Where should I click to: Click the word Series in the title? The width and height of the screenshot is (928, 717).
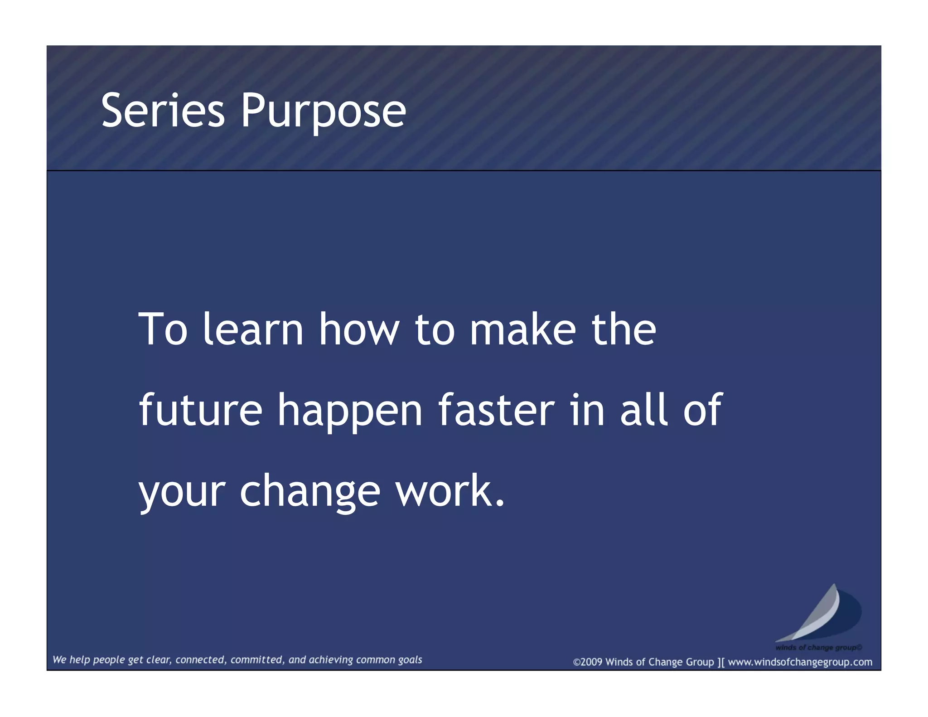(163, 110)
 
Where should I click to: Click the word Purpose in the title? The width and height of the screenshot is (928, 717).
(323, 110)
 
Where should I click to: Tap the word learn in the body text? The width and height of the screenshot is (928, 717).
(252, 329)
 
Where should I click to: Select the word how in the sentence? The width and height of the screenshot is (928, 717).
(359, 329)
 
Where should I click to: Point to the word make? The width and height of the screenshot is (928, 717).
(522, 329)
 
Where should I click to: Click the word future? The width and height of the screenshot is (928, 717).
(200, 410)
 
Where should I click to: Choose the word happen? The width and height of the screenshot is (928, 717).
(350, 410)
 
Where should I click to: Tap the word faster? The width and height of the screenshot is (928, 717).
(496, 410)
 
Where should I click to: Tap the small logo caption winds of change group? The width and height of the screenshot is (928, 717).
(818, 648)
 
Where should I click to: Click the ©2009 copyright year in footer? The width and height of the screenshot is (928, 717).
(588, 662)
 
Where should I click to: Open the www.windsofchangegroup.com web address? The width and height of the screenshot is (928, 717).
(800, 662)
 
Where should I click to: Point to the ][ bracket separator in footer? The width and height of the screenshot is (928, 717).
(721, 662)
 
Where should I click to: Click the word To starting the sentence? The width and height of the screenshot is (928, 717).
(163, 329)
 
